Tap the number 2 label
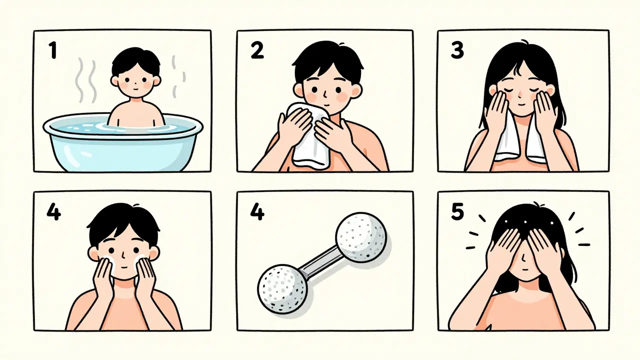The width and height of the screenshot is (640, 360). pyautogui.click(x=257, y=51)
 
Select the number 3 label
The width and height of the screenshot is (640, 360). pyautogui.click(x=457, y=50)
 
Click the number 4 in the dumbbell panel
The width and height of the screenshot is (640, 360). pyautogui.click(x=257, y=212)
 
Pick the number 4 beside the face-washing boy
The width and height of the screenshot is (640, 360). pyautogui.click(x=53, y=212)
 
